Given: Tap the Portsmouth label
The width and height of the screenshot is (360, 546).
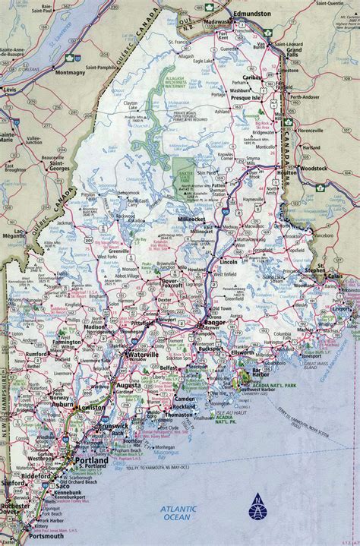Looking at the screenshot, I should point(23,536).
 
